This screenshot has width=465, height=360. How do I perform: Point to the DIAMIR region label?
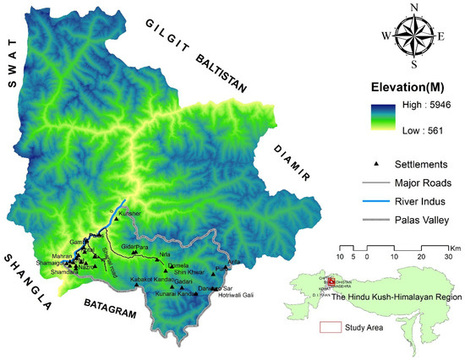coord(293,163)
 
